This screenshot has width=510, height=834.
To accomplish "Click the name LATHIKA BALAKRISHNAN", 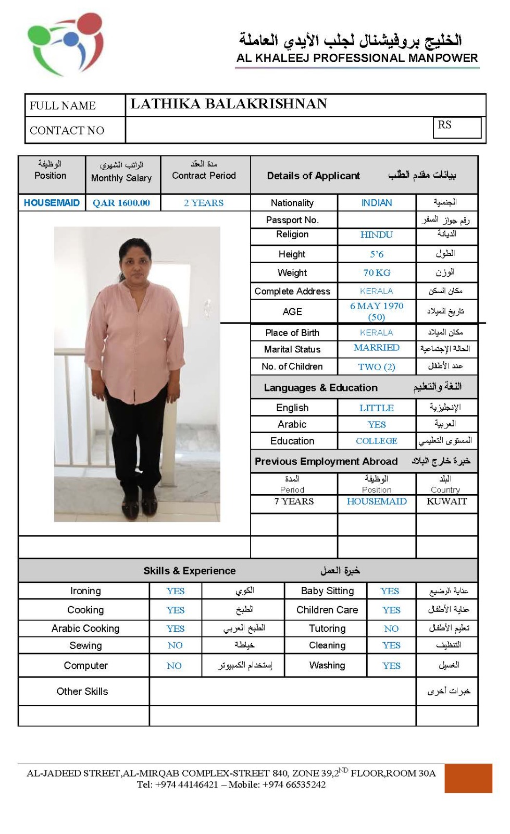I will click(x=229, y=104).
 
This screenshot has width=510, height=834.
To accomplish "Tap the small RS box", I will click(x=456, y=127).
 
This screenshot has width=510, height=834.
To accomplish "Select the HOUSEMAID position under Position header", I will click(x=52, y=203).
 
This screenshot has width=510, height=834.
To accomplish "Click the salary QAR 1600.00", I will click(x=121, y=203).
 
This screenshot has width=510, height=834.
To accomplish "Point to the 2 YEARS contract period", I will click(x=204, y=203).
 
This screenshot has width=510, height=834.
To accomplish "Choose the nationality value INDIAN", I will click(x=377, y=203).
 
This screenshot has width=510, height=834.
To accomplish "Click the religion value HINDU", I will click(x=376, y=235).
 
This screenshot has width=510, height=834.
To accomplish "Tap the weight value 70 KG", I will click(x=377, y=273).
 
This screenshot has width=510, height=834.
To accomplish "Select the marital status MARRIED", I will click(x=377, y=348).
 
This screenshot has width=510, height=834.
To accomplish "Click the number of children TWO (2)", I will click(x=377, y=367).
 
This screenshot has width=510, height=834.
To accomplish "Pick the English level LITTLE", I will click(x=377, y=408).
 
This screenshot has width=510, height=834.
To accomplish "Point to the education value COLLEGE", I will click(x=377, y=441).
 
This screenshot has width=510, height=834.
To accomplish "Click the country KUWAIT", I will click(x=446, y=501).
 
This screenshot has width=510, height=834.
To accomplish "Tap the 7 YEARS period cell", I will click(x=294, y=501).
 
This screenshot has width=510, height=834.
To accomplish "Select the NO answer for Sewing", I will click(x=175, y=645).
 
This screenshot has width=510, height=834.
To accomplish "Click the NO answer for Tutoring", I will click(x=391, y=629).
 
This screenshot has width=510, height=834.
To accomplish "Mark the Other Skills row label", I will click(x=82, y=691).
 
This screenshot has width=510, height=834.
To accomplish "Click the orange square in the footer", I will click(x=468, y=778).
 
